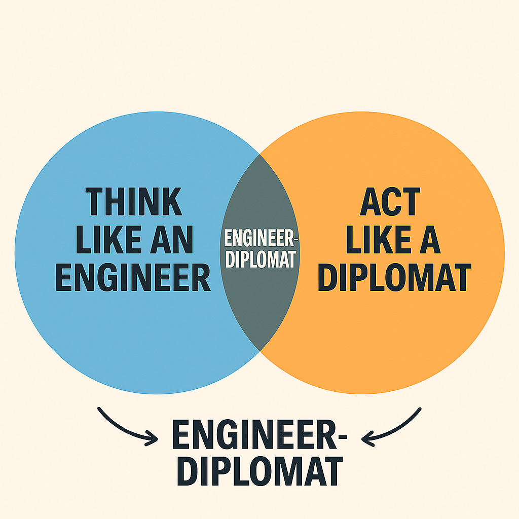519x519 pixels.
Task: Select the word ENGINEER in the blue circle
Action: [x=133, y=277]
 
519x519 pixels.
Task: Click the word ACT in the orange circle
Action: [x=389, y=202]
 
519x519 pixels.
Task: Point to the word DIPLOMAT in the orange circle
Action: [x=393, y=277]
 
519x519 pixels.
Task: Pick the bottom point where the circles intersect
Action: [x=259, y=351]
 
